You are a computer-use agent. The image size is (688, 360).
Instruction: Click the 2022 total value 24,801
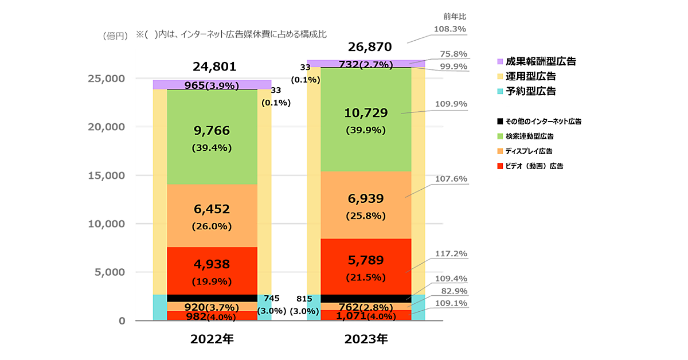pyautogui.click(x=212, y=67)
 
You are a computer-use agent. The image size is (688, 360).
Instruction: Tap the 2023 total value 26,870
pyautogui.click(x=366, y=46)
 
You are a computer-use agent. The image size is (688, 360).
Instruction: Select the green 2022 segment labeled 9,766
pyautogui.click(x=212, y=138)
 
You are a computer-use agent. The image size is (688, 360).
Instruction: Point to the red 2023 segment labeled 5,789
pyautogui.click(x=366, y=267)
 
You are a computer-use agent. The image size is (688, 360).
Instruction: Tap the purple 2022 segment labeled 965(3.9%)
pyautogui.click(x=212, y=85)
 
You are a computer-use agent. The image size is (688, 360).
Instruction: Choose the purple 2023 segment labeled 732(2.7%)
pyautogui.click(x=366, y=64)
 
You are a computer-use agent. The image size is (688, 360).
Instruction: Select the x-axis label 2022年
pyautogui.click(x=212, y=339)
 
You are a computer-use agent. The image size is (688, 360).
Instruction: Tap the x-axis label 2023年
pyautogui.click(x=366, y=339)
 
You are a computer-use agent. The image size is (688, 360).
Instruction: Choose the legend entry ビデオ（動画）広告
pyautogui.click(x=533, y=166)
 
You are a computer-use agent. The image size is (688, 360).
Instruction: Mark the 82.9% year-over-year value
pyautogui.click(x=454, y=292)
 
